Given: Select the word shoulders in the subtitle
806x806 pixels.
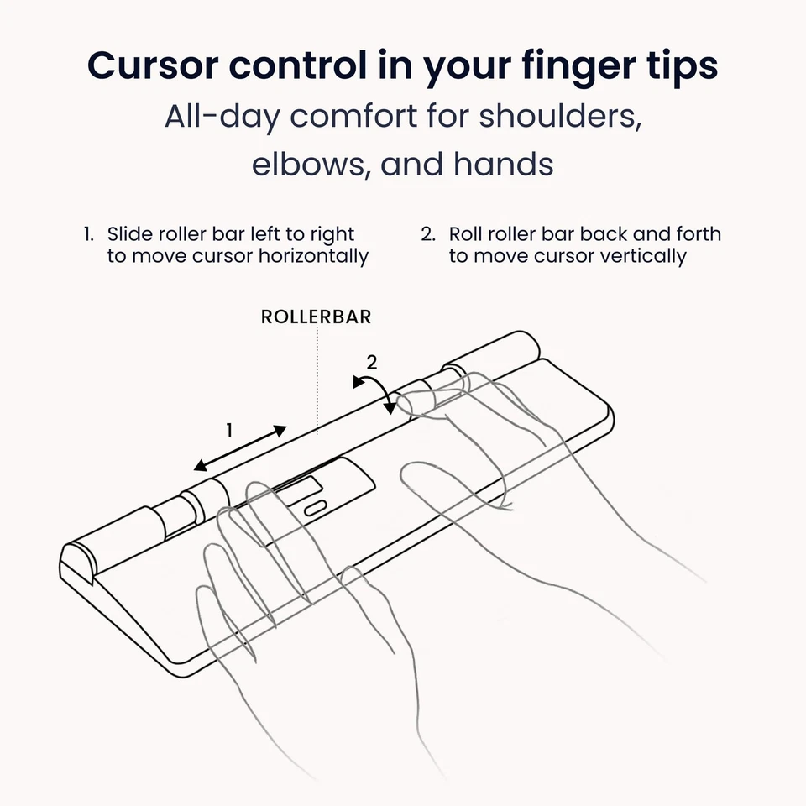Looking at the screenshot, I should tap(560, 116).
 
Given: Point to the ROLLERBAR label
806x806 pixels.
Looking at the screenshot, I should tap(316, 317).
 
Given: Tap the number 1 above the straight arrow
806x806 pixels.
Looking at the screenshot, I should tap(229, 431).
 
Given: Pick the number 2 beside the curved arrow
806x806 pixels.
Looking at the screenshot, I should tap(371, 363).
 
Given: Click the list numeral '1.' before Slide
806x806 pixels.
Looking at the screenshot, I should tap(88, 234).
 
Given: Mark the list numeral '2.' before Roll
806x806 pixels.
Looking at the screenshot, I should tap(428, 234).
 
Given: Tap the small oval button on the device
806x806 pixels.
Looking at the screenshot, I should tap(314, 508).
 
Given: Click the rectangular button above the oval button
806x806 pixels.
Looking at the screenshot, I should tap(298, 487).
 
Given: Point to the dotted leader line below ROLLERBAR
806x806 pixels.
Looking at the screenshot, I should tap(317, 378).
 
